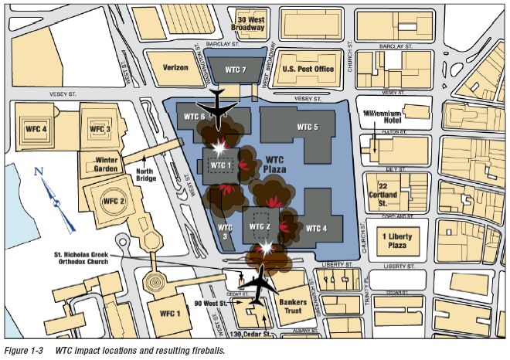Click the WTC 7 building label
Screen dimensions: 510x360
[x=234, y=70]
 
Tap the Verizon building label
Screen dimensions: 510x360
[x=175, y=67]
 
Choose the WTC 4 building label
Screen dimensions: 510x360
[x=317, y=228]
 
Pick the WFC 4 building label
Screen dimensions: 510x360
[x=34, y=127]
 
